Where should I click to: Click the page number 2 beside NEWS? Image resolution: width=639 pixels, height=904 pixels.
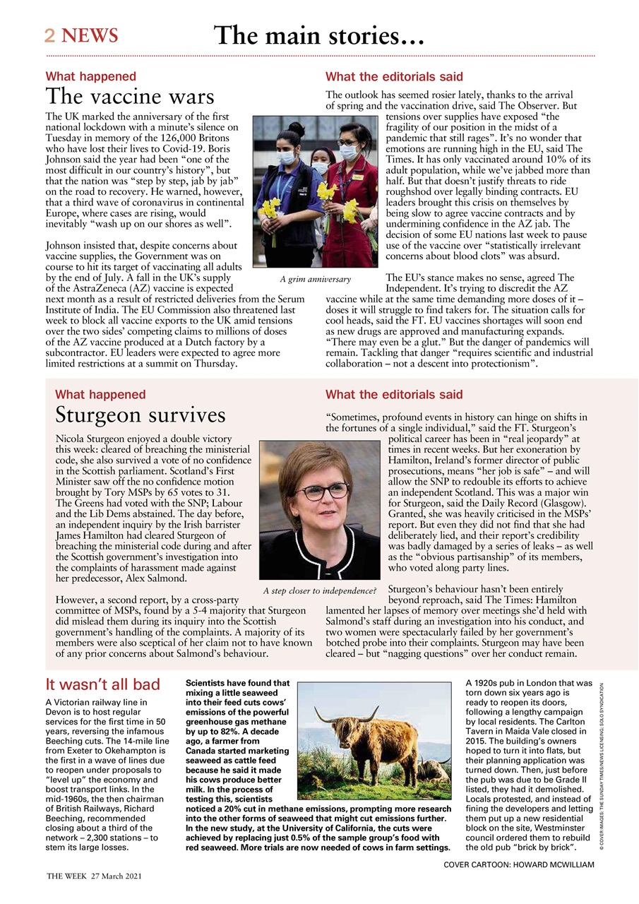coord(50,35)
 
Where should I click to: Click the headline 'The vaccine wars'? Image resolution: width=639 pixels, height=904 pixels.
coord(130,97)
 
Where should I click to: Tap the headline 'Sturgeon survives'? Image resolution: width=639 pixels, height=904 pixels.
coord(141,415)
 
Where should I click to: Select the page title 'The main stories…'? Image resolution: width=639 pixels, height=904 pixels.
coord(319,35)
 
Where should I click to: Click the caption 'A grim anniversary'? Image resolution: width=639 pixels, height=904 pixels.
coord(315,280)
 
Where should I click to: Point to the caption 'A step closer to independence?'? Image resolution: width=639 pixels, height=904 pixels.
coord(319,590)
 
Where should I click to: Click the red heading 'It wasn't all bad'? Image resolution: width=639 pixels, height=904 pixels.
coord(103,684)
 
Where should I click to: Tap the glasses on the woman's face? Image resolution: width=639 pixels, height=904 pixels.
coord(322,492)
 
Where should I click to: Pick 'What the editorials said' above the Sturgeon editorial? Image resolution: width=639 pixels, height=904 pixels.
coord(394,395)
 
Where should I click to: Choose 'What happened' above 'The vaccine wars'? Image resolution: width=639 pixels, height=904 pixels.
coord(91,76)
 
